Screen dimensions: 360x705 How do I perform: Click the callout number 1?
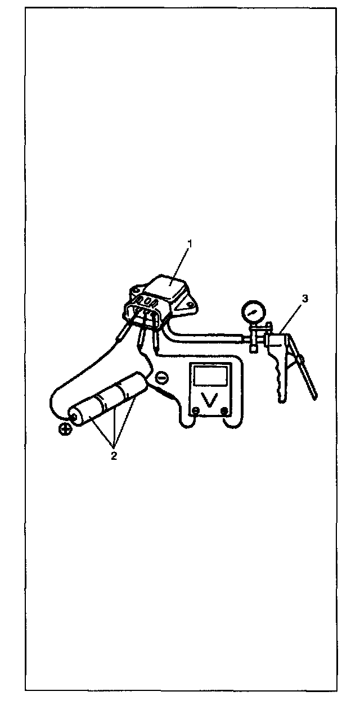click(190, 243)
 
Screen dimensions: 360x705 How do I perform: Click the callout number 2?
click(114, 456)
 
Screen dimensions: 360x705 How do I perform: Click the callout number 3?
click(305, 299)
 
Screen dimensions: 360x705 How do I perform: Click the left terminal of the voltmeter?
click(194, 411)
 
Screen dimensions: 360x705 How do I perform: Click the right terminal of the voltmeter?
click(225, 411)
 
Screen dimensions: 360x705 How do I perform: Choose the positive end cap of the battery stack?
click(73, 417)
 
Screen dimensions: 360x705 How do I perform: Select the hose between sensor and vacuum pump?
click(208, 337)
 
